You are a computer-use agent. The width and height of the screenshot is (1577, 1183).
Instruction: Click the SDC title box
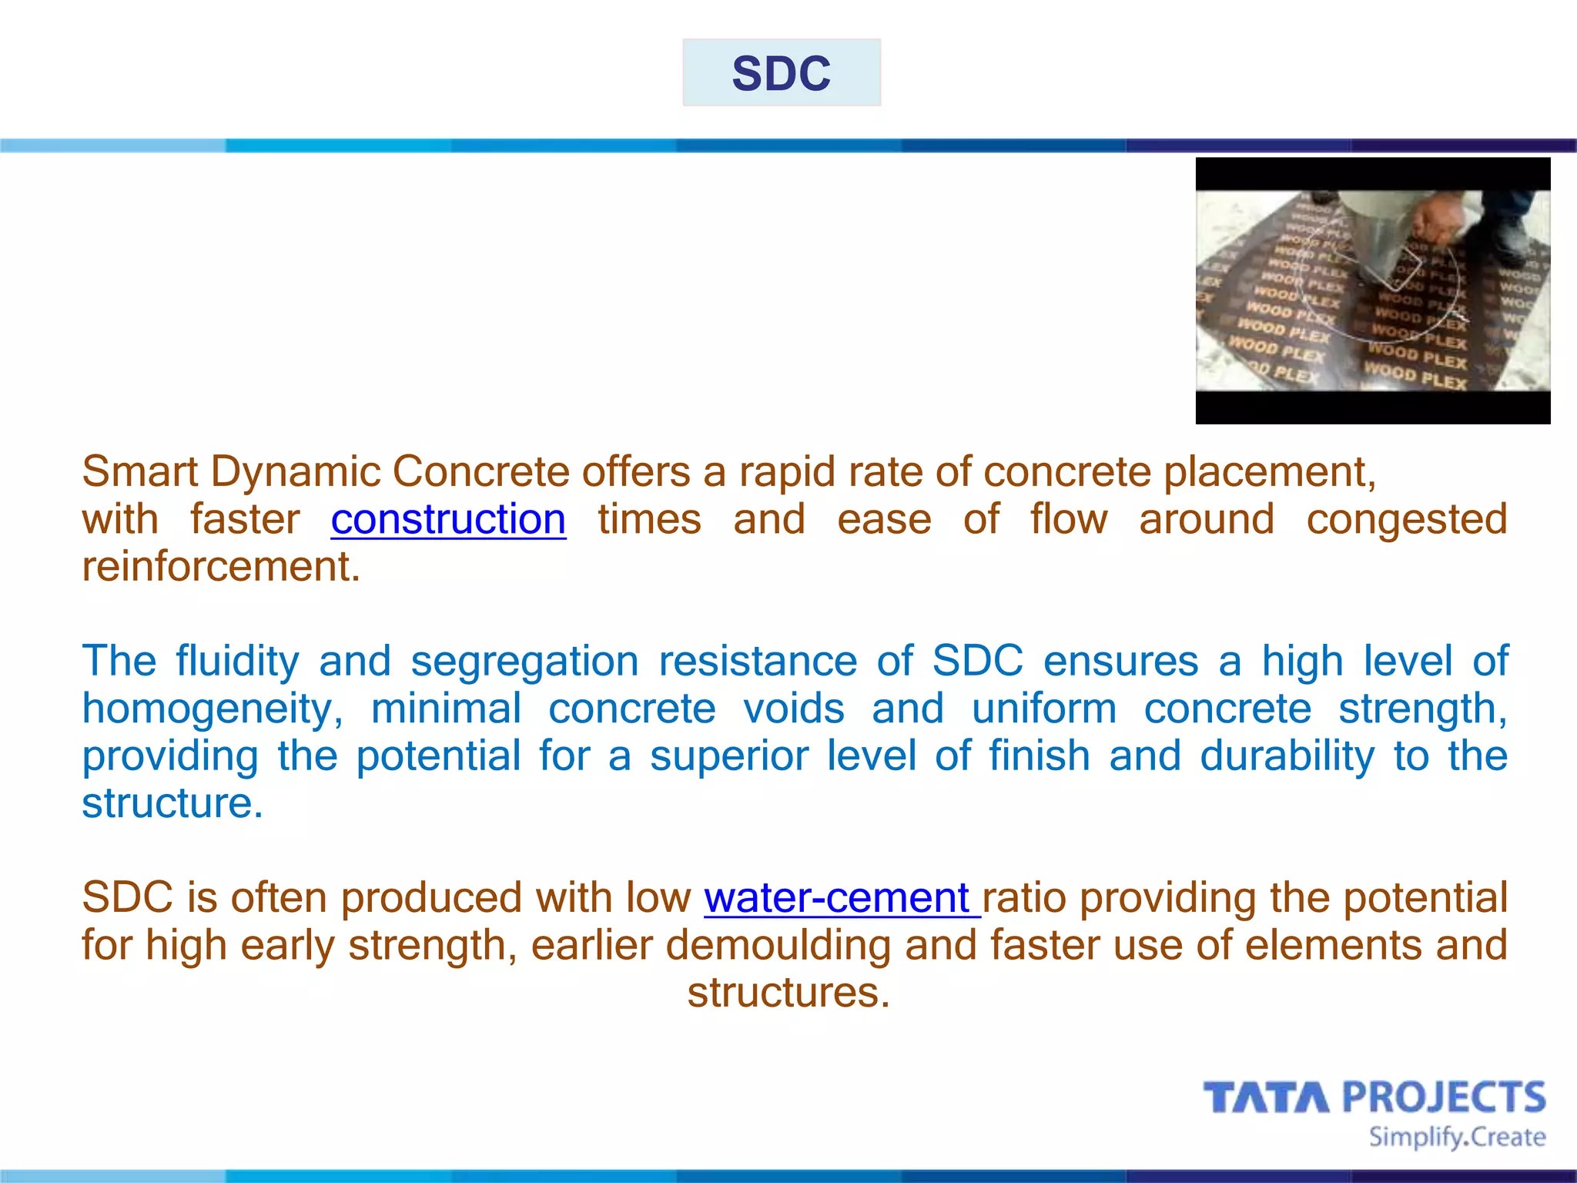(x=781, y=72)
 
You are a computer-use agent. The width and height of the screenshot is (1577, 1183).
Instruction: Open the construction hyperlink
(x=448, y=519)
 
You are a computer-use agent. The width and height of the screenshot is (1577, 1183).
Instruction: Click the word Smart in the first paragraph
(x=139, y=471)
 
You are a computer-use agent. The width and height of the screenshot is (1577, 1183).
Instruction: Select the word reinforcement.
(x=220, y=567)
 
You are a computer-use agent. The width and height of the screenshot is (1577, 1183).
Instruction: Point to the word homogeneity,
(x=213, y=709)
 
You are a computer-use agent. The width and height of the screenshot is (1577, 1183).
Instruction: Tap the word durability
(x=1287, y=756)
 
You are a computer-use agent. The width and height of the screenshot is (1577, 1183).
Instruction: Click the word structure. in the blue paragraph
(x=172, y=803)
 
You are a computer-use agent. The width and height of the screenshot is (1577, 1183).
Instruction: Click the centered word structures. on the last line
(x=788, y=993)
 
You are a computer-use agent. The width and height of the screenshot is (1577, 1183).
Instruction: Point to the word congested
(x=1406, y=519)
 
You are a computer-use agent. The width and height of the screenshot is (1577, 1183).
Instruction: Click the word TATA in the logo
(x=1266, y=1098)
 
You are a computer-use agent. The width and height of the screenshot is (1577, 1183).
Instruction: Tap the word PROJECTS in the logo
(x=1444, y=1098)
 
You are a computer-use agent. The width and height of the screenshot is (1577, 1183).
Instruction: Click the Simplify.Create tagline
(x=1456, y=1137)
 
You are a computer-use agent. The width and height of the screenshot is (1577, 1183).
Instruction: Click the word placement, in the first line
(x=1269, y=471)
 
